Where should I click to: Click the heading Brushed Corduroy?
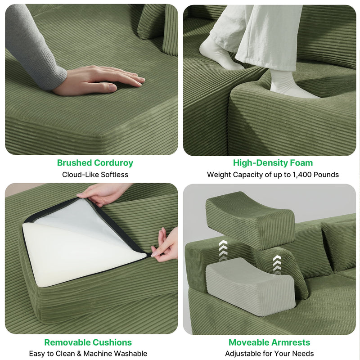[x=95, y=163]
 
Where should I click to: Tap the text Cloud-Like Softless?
[x=95, y=175]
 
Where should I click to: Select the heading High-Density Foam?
[x=273, y=163]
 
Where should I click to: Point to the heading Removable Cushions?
[x=88, y=342]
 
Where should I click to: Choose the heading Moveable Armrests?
[x=270, y=342]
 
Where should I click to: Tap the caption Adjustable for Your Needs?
[x=270, y=354]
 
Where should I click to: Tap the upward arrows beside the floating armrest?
[x=223, y=250]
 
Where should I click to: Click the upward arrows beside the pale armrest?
[x=277, y=264]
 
